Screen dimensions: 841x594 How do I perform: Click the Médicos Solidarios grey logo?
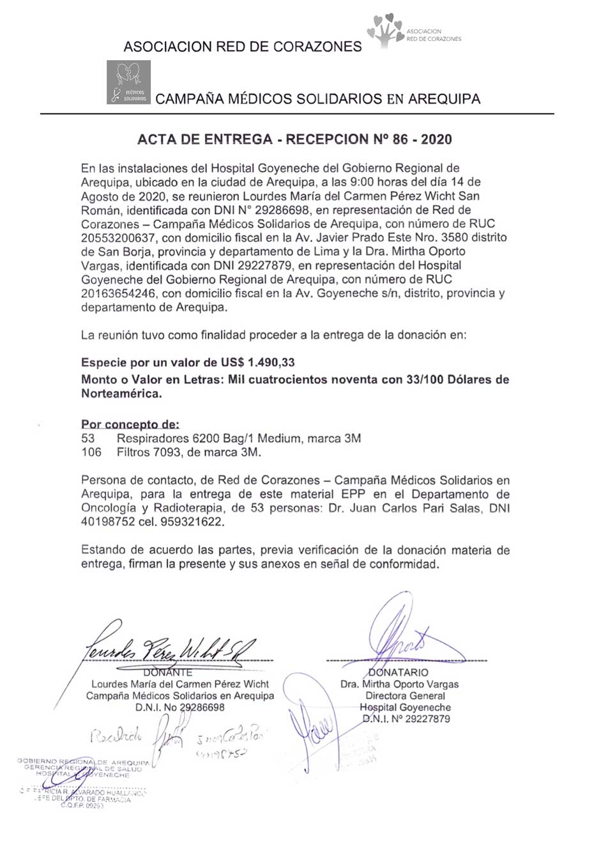(128, 82)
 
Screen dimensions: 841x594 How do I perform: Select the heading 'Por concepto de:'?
(130, 424)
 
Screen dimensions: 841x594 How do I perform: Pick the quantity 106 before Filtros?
(91, 452)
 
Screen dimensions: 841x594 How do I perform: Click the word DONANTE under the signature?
(168, 672)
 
